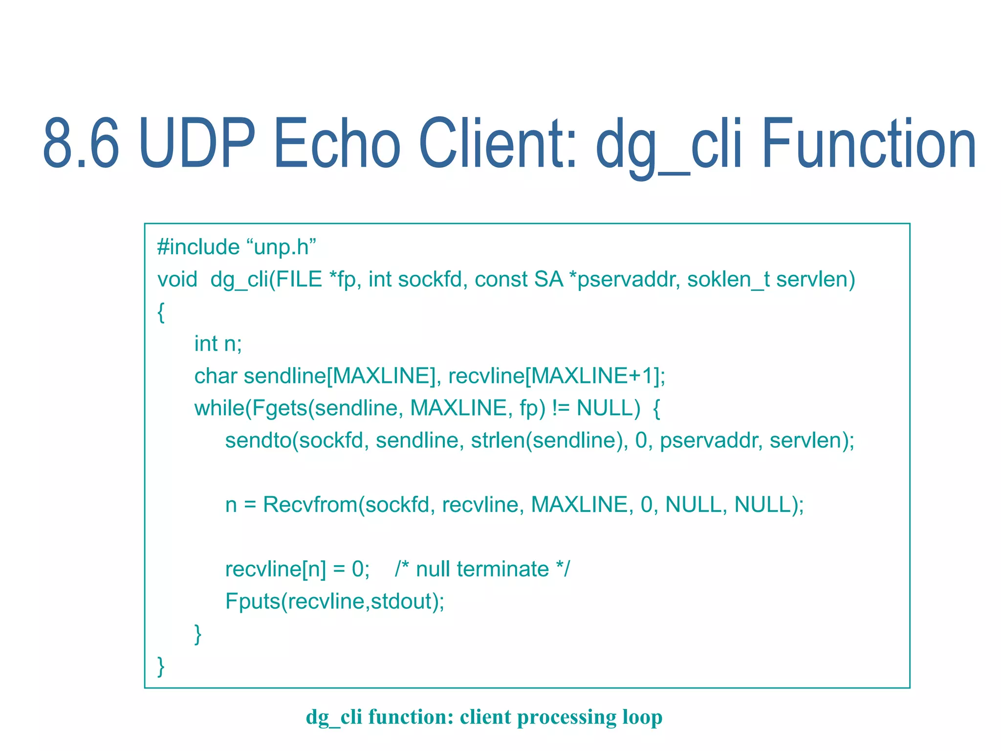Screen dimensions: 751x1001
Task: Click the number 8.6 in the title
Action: pyautogui.click(x=81, y=143)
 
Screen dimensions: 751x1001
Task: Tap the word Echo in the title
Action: pyautogui.click(x=337, y=143)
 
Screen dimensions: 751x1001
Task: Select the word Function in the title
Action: pyautogui.click(x=869, y=143)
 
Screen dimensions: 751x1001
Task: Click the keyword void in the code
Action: pyautogui.click(x=177, y=280)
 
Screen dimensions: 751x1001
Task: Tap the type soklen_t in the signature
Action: pyautogui.click(x=728, y=280)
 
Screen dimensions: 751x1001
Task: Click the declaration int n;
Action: pyautogui.click(x=218, y=344)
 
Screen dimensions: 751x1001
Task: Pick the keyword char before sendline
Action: pyautogui.click(x=216, y=376)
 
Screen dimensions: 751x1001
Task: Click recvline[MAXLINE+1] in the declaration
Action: pyautogui.click(x=556, y=376)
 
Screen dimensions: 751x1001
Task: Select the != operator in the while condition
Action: pyautogui.click(x=561, y=408)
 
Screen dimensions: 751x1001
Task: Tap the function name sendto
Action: pyautogui.click(x=258, y=441)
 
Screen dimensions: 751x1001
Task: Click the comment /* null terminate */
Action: pyautogui.click(x=482, y=569)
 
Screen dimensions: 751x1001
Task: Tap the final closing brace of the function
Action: pyautogui.click(x=161, y=666)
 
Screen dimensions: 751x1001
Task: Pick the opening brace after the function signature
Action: pyautogui.click(x=161, y=312)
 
